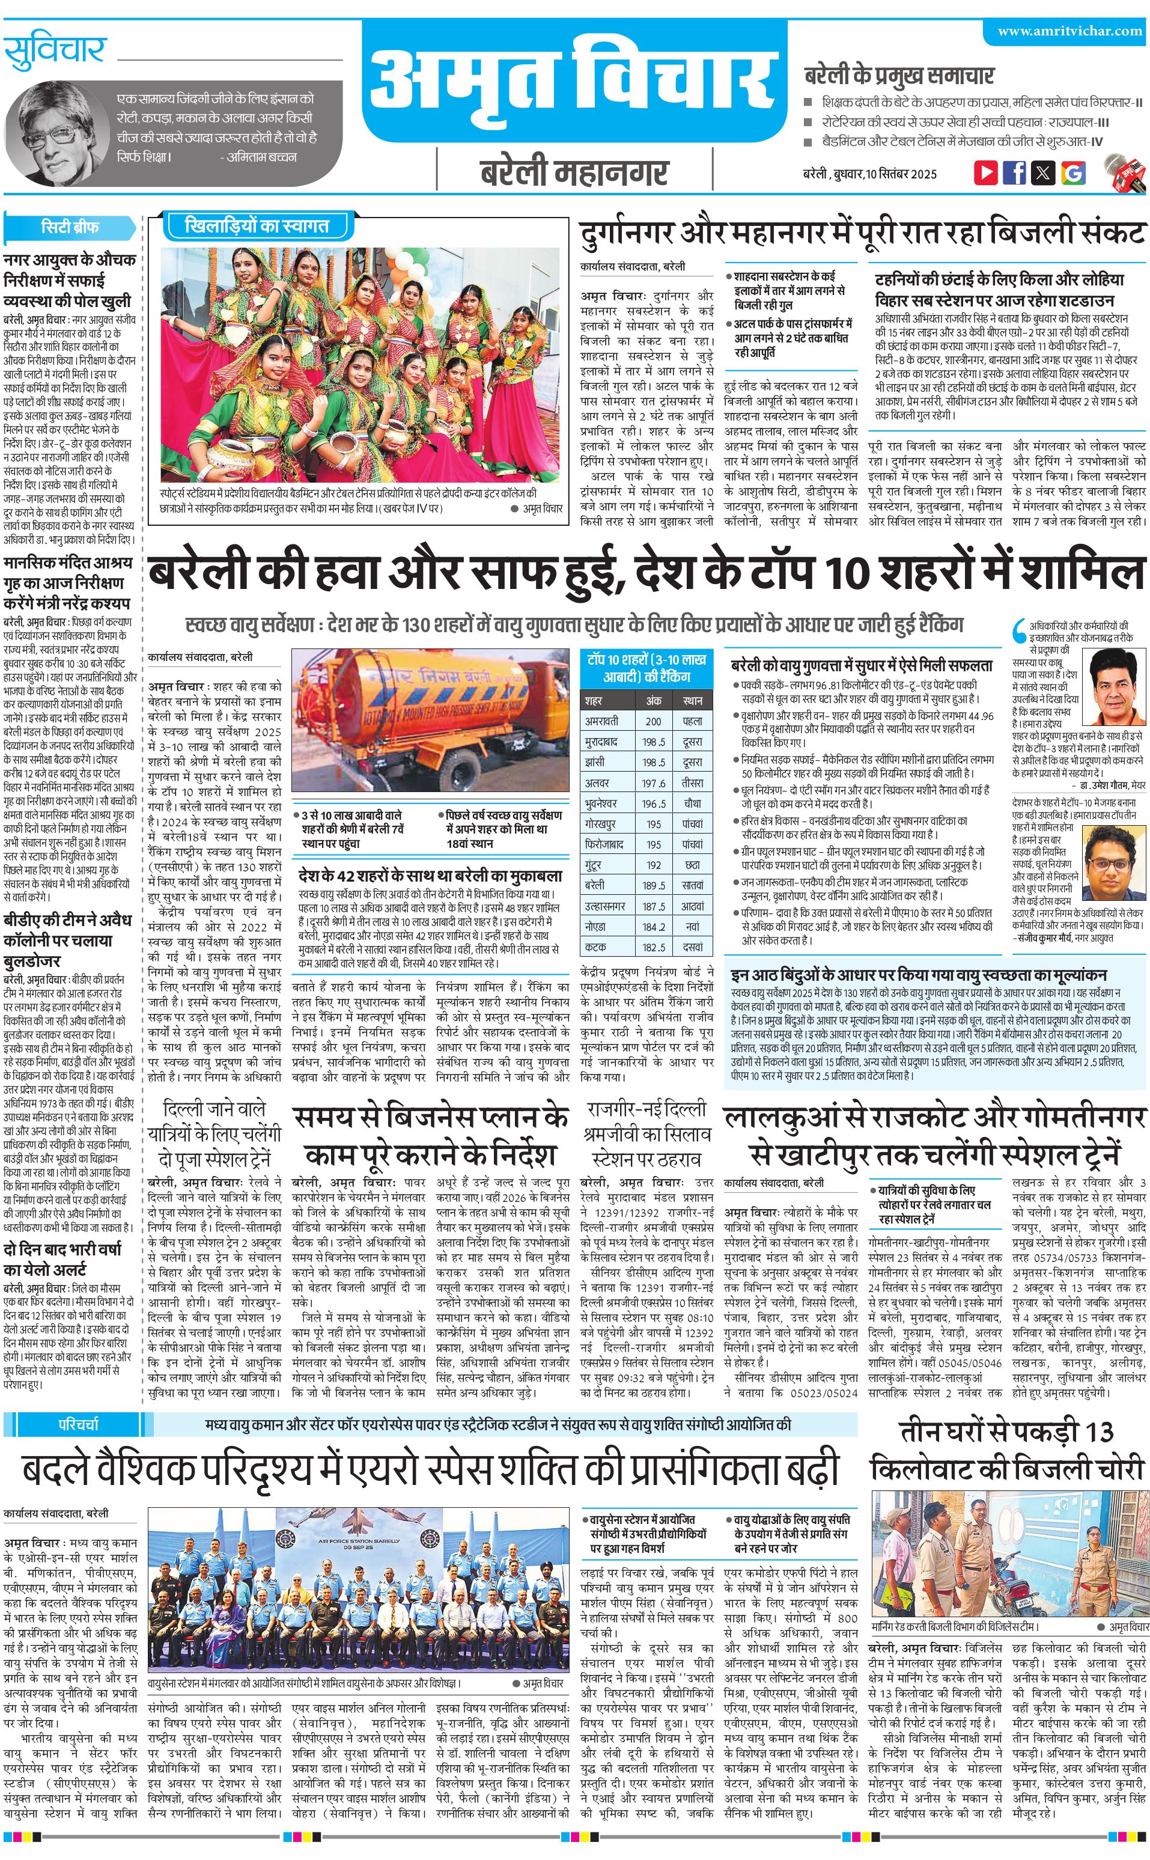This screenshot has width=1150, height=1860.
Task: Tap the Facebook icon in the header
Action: coord(1014,172)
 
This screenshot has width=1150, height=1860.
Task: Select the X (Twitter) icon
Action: coord(1043,172)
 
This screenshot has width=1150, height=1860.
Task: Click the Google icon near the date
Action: coord(1072,172)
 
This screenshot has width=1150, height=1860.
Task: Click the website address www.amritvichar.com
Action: coord(1069,31)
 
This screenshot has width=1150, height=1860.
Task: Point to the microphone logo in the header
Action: coord(1124,172)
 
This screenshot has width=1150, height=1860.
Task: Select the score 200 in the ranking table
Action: coord(653,721)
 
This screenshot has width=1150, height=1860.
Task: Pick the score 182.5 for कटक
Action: coord(653,947)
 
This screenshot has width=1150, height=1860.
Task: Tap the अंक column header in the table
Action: coord(653,700)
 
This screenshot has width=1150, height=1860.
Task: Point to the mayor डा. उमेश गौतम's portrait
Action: coord(1112,687)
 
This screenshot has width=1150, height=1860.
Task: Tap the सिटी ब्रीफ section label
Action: coord(70,227)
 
